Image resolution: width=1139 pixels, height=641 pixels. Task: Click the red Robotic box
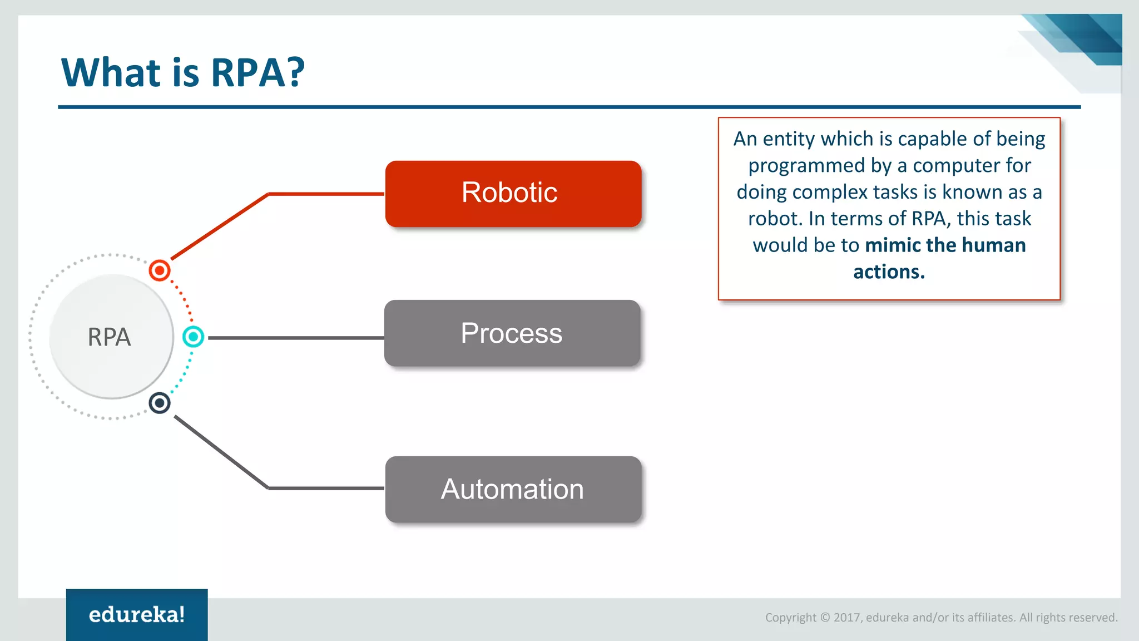coord(513,194)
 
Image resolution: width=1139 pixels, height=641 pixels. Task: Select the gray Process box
coord(512,333)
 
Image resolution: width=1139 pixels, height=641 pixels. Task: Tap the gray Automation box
coord(513,489)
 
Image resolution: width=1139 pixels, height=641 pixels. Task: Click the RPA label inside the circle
coord(110,337)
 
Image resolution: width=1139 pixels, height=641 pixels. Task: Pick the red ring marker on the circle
coord(160,270)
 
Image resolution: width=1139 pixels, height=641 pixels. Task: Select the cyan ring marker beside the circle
coord(193,337)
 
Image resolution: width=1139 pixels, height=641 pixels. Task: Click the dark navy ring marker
coord(160,403)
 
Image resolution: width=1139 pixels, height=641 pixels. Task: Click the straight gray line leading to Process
coord(295,338)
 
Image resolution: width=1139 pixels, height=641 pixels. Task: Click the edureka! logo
coord(137,615)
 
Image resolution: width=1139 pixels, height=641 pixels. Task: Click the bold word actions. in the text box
coord(889,272)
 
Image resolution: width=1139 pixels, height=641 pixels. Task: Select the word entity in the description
coord(788,139)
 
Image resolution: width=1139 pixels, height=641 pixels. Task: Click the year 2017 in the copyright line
coord(846,618)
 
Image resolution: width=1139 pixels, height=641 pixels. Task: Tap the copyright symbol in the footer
coord(825,618)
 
